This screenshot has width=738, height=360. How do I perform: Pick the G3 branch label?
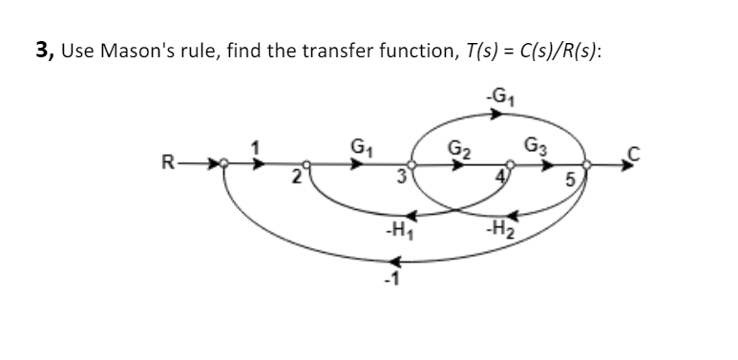coord(538,147)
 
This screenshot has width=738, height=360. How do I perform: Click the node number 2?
coord(299,177)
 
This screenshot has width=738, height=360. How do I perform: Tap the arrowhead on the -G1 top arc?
coord(496,116)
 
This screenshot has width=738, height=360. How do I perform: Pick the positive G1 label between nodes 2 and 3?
coord(362,147)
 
